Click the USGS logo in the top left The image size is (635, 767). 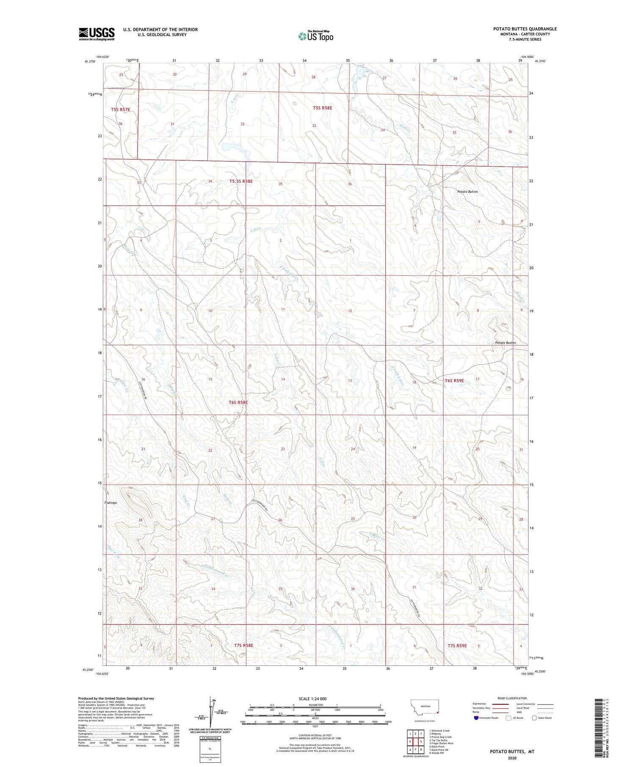point(97,34)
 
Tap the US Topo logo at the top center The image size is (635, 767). point(315,36)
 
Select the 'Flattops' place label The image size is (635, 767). point(110,503)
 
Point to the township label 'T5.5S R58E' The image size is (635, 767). point(241,181)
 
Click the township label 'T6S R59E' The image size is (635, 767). point(454,381)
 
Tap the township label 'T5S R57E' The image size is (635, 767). point(121,110)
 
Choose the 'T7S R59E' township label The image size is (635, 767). point(457,646)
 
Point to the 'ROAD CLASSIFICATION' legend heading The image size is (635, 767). point(512,698)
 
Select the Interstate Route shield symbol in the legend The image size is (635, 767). point(476,718)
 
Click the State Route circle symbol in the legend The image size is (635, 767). point(534,718)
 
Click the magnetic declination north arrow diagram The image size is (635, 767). point(210,712)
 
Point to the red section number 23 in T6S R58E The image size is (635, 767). point(283,449)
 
